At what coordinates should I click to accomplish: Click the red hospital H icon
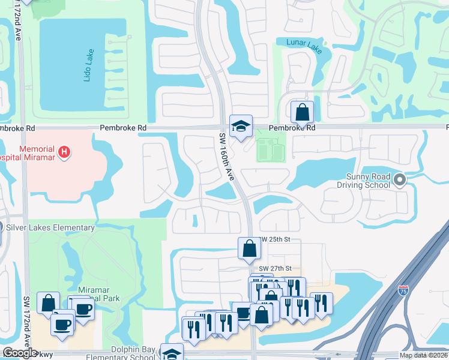tap(64, 152)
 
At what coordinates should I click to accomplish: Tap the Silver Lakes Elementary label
tap(50, 228)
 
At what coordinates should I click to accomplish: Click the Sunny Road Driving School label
tap(368, 181)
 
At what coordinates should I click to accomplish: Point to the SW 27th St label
tap(275, 268)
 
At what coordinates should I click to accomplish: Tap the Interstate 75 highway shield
tap(405, 291)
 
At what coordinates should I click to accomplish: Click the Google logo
tap(20, 353)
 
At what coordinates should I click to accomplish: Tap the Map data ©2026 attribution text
tap(423, 355)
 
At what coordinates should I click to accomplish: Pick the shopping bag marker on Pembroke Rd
tap(302, 112)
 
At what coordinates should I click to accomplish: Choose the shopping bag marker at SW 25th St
tap(249, 248)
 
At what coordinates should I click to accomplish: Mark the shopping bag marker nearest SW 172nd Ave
tap(48, 303)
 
